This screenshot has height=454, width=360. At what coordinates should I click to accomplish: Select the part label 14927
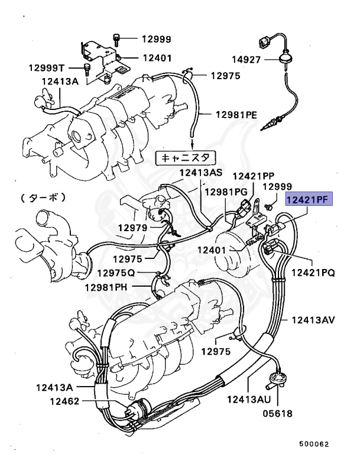point(246,59)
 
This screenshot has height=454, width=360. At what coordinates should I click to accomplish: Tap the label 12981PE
point(236,114)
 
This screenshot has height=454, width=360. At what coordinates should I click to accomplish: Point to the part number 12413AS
point(202,173)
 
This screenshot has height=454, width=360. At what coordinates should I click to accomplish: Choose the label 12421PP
point(253,176)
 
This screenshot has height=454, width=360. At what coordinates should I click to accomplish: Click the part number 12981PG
point(226,192)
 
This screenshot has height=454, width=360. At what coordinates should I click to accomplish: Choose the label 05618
point(277,413)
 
